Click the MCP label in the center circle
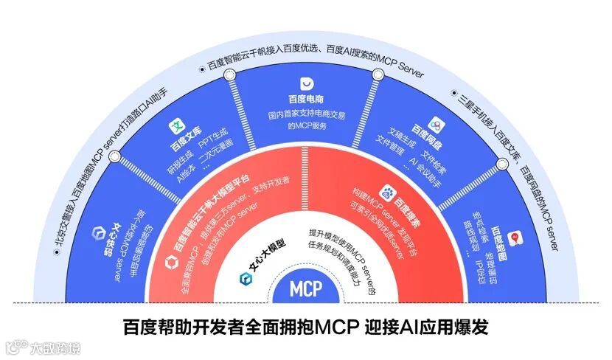pos(306,288)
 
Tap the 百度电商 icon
pos(307,83)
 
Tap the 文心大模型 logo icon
pos(245,277)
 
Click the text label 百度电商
pos(307,100)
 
